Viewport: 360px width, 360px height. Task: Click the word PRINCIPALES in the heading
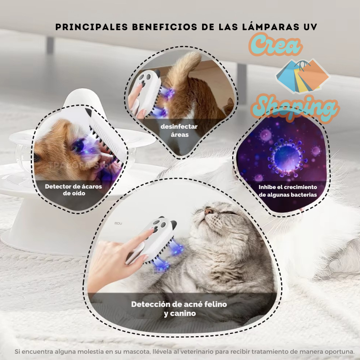(x=86, y=27)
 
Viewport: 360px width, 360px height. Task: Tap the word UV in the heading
(x=309, y=27)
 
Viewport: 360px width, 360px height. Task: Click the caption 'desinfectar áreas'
(x=179, y=130)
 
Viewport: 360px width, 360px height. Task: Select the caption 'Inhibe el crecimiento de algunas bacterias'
(x=288, y=191)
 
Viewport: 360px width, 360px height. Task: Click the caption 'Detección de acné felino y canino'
(x=179, y=309)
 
